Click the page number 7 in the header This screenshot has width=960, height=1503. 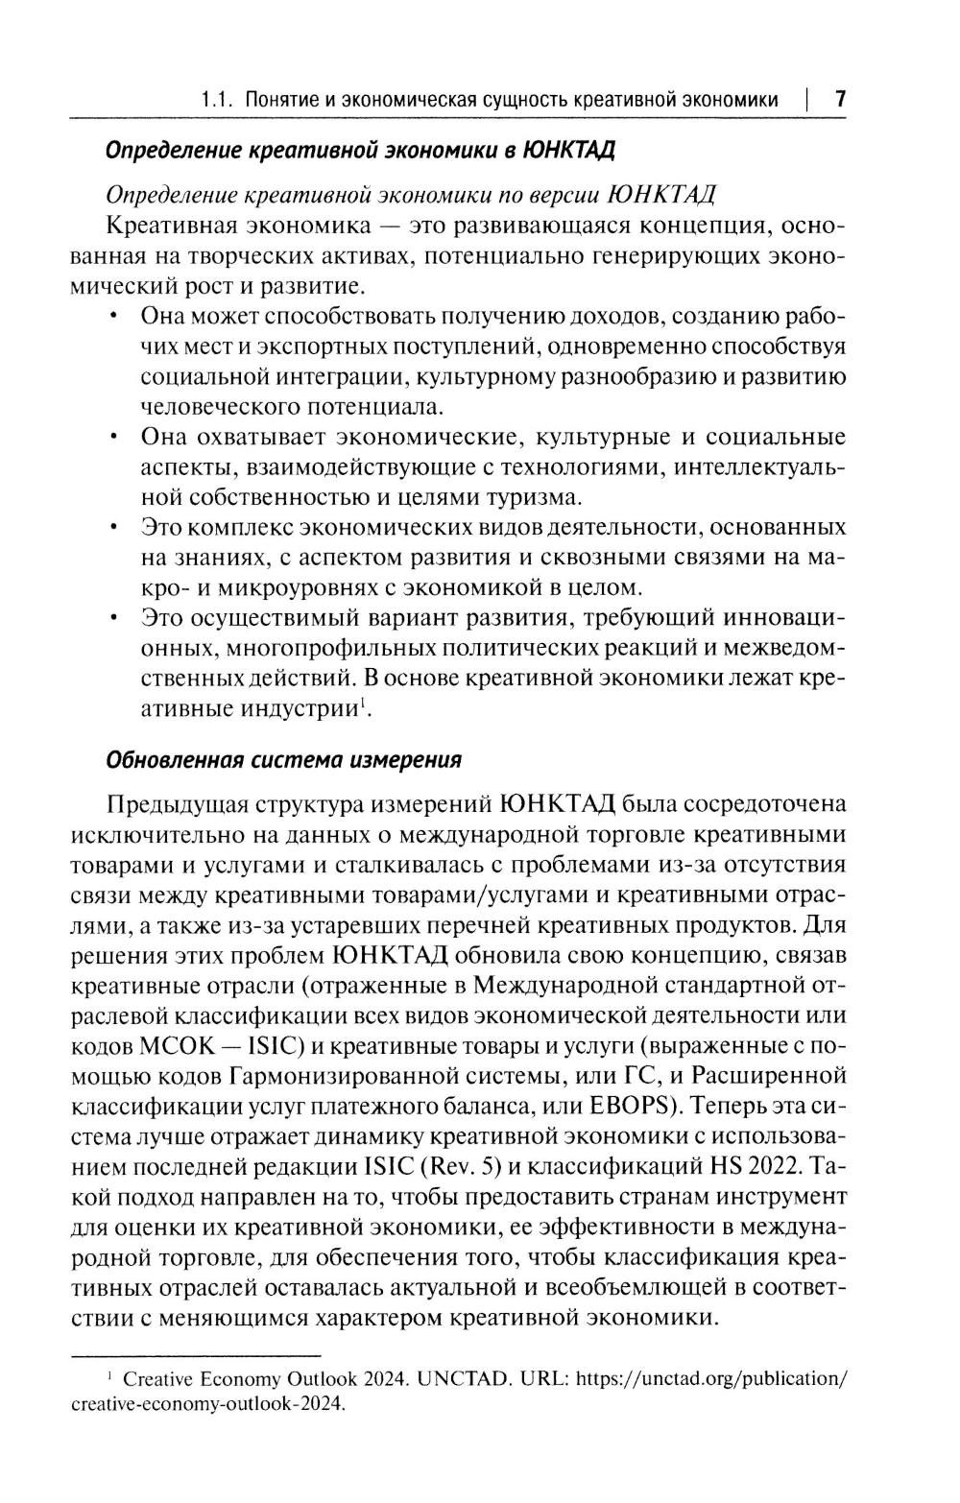tap(839, 100)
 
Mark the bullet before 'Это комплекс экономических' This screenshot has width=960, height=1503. tap(115, 528)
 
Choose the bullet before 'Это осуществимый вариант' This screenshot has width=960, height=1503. tap(115, 617)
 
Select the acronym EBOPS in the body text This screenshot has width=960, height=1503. tap(627, 1106)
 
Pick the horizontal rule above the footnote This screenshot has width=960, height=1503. tap(189, 1354)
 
